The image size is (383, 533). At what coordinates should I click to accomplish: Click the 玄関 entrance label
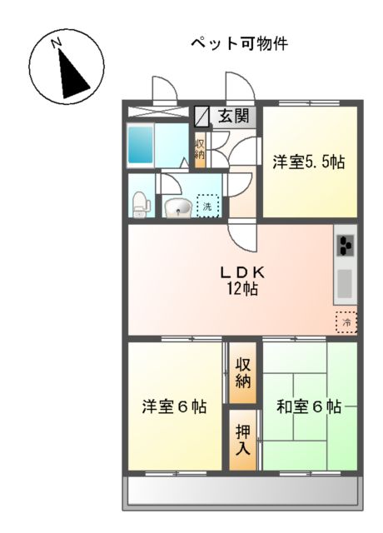(x=233, y=116)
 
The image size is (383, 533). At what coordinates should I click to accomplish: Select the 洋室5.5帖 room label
(x=308, y=163)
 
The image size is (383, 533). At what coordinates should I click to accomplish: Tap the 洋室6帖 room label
(x=174, y=407)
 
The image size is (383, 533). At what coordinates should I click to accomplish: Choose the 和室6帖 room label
(x=309, y=407)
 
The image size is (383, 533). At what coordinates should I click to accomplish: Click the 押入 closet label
(x=242, y=440)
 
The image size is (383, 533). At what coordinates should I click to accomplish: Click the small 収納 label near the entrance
(x=200, y=149)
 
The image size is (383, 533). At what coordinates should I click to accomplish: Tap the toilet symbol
(x=141, y=202)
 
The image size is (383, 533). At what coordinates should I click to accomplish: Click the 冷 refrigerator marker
(x=344, y=321)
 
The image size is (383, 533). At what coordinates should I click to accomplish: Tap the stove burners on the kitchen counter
(x=345, y=247)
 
